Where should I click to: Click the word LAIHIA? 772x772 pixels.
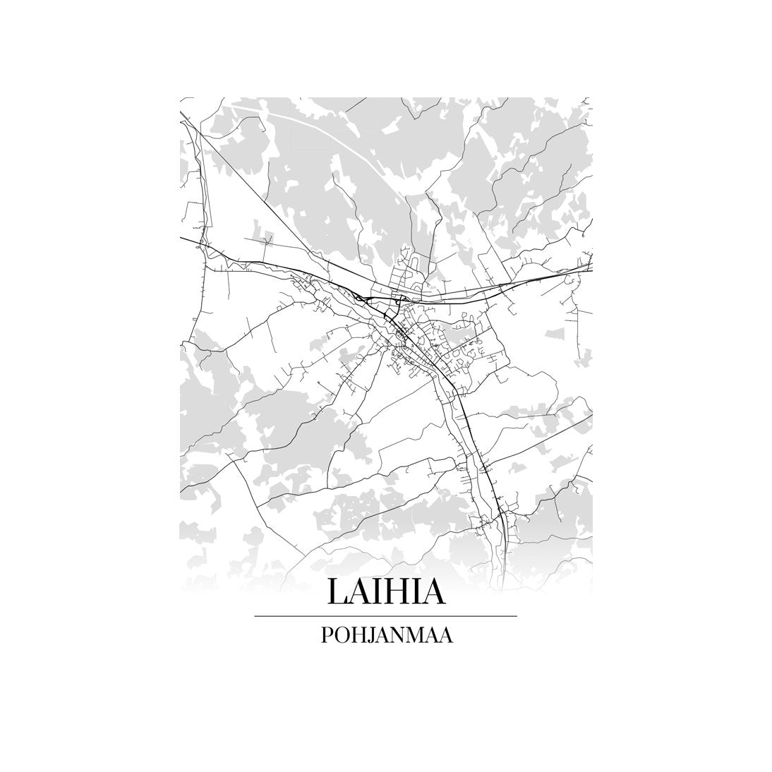click(x=386, y=591)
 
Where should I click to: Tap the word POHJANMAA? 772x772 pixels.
click(x=386, y=635)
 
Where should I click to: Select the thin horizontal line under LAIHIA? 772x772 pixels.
click(x=386, y=616)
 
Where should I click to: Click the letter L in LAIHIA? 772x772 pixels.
click(x=335, y=591)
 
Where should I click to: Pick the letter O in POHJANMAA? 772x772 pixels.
click(x=339, y=635)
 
